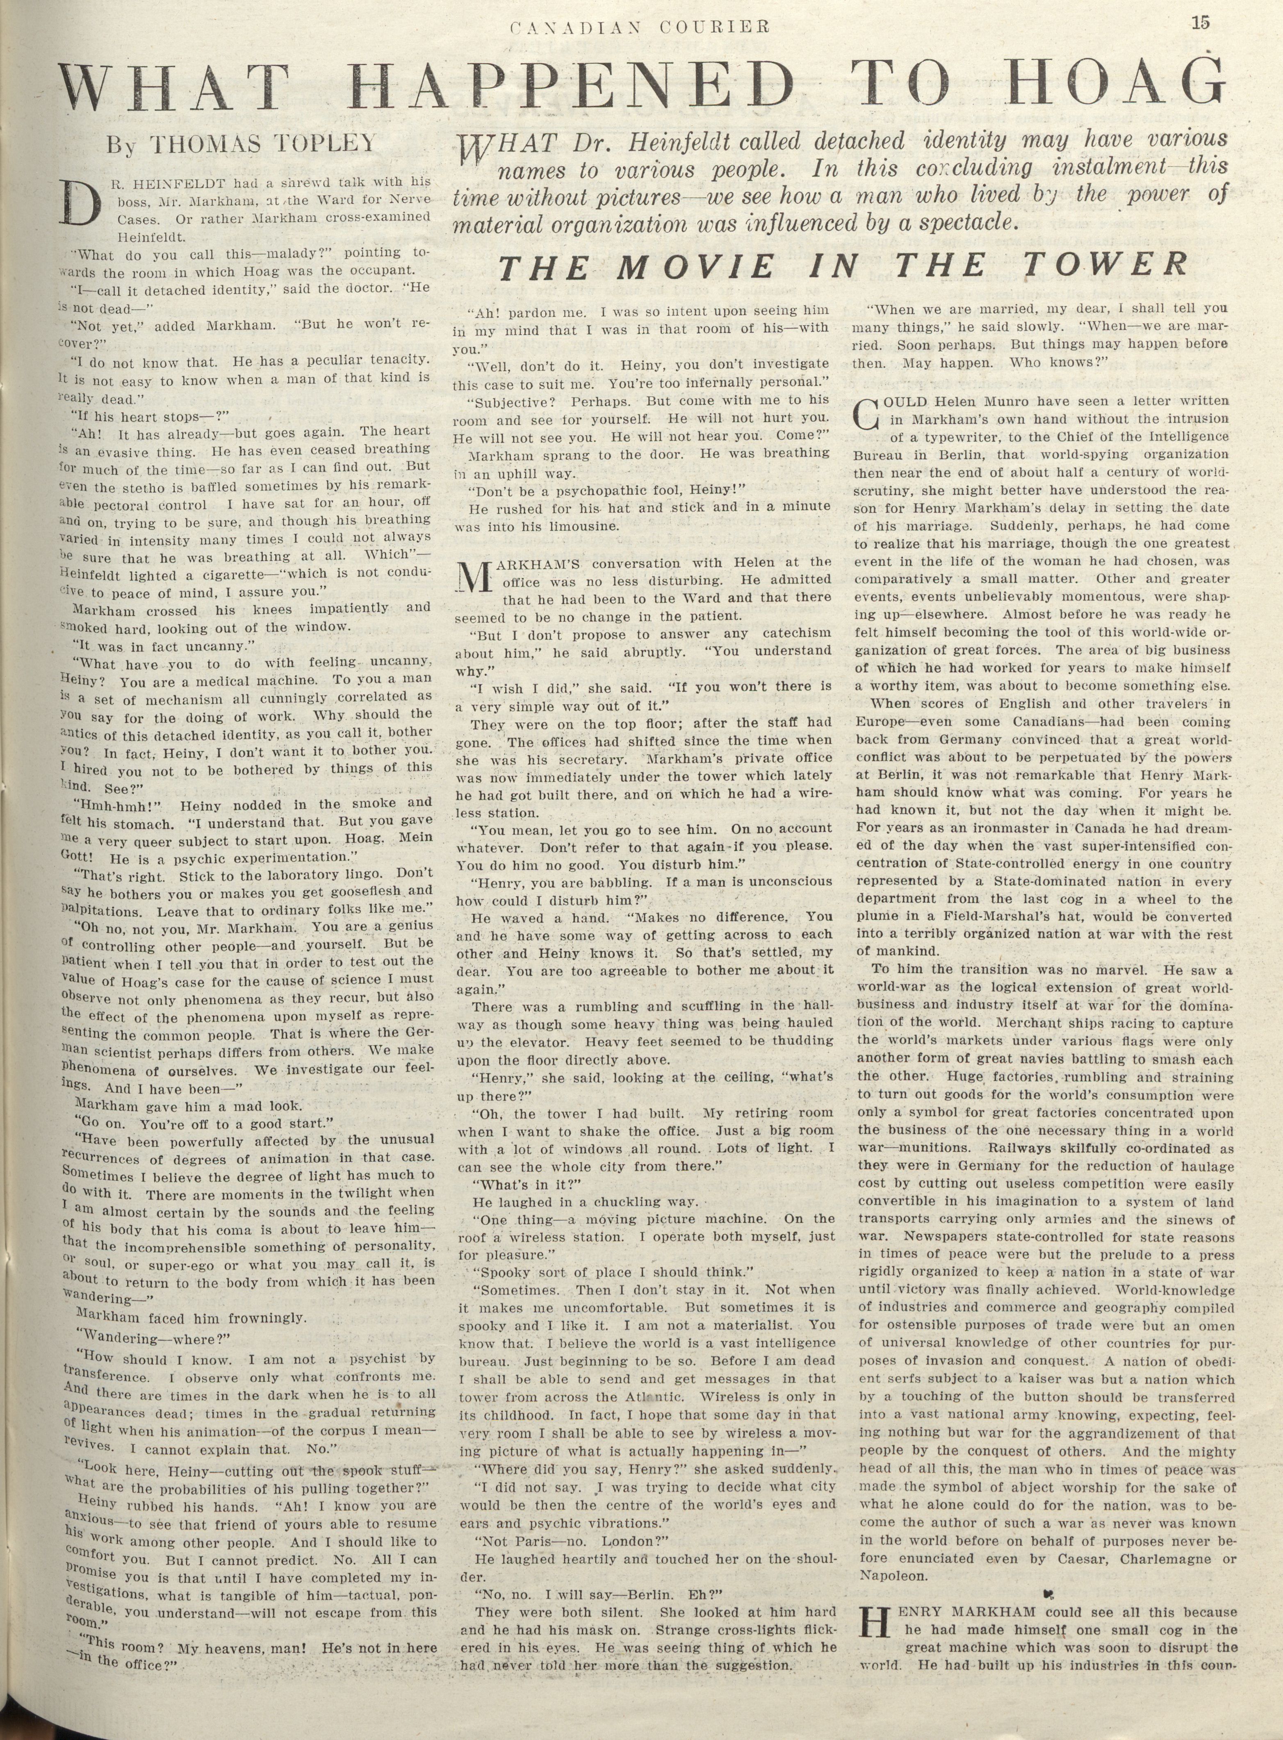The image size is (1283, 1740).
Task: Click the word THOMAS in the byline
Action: point(201,143)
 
